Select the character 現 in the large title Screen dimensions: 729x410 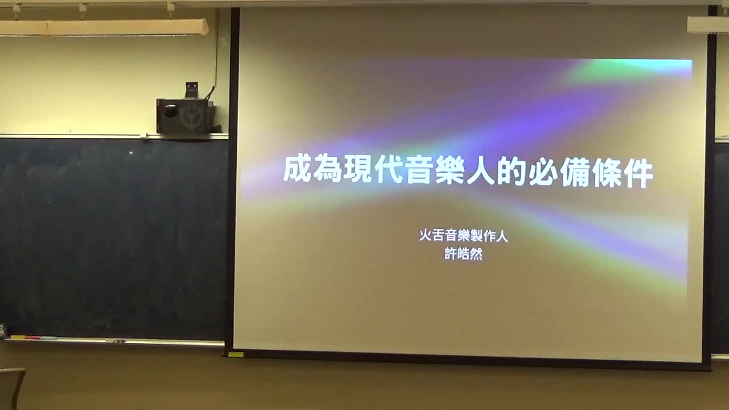(x=358, y=170)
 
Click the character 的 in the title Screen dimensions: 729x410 (x=512, y=172)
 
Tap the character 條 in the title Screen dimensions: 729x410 (x=606, y=174)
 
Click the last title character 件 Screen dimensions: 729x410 (x=638, y=174)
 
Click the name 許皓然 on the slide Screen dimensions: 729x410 (x=463, y=254)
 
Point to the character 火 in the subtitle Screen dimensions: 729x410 (x=425, y=235)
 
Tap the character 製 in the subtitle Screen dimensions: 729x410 (x=476, y=236)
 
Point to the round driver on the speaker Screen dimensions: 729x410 (x=170, y=110)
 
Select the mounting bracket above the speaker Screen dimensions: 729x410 (x=192, y=90)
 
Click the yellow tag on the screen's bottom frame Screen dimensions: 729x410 (x=236, y=354)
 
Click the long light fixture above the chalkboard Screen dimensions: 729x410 (x=104, y=27)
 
